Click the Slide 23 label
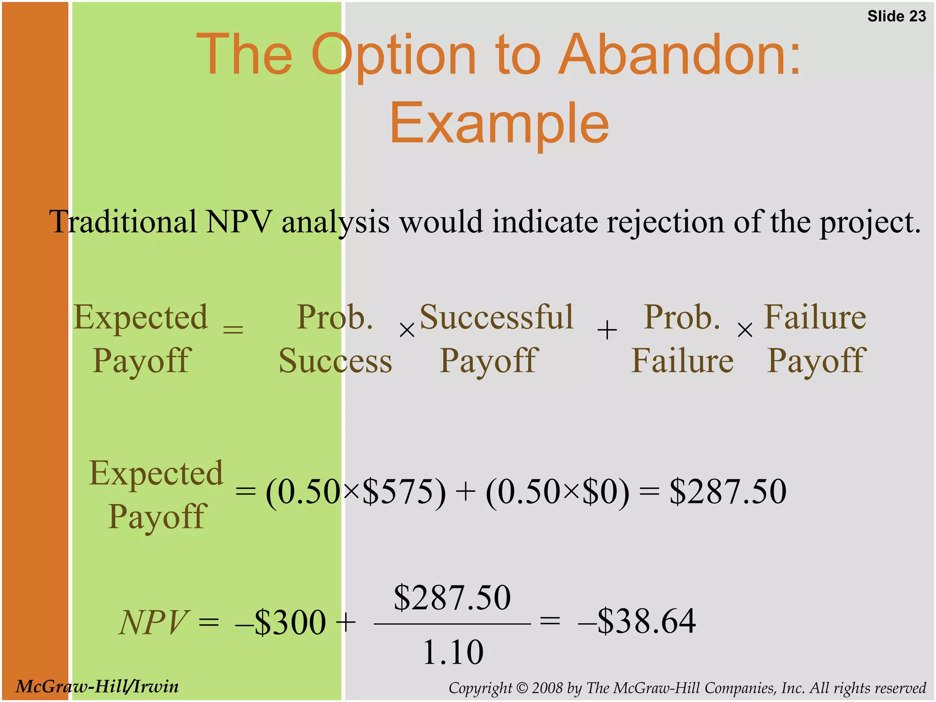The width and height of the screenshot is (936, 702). pyautogui.click(x=896, y=16)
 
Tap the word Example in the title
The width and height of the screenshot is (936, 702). pyautogui.click(x=499, y=123)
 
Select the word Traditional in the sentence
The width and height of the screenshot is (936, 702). pyautogui.click(x=123, y=222)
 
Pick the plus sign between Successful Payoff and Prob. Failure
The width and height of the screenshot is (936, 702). pyautogui.click(x=607, y=330)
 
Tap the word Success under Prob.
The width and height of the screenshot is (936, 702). pyautogui.click(x=335, y=361)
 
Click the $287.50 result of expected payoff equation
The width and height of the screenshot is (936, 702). pyautogui.click(x=728, y=492)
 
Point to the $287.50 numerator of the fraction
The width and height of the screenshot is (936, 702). pyautogui.click(x=452, y=597)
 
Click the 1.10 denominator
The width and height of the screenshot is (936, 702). pyautogui.click(x=452, y=652)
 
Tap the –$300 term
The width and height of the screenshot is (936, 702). pyautogui.click(x=281, y=622)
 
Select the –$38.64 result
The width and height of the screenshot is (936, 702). pyautogui.click(x=637, y=622)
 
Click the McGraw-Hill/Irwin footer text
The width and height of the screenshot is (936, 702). pyautogui.click(x=97, y=686)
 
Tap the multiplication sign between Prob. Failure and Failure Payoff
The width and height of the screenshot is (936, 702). pyautogui.click(x=745, y=330)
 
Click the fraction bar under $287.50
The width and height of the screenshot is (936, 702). pyautogui.click(x=452, y=623)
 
